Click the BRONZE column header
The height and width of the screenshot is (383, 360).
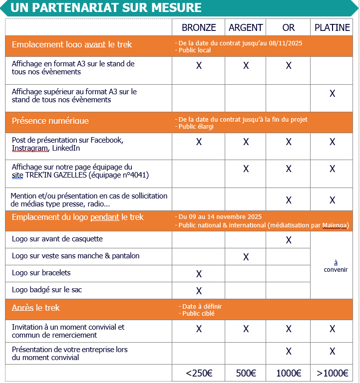pos(199,28)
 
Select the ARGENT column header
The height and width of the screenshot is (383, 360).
pos(246,28)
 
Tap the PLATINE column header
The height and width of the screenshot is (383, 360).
pos(332,28)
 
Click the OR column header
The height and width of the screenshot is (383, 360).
pos(289,28)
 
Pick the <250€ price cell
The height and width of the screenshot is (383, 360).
pos(199,373)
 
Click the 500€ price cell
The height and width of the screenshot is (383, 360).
pos(246,373)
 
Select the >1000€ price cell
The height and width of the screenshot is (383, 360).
pos(332,373)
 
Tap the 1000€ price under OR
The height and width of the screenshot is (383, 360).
pos(289,373)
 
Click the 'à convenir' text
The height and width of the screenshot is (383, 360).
pos(336,266)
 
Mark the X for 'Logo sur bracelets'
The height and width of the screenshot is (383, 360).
pos(199,274)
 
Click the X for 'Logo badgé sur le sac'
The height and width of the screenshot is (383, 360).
pos(199,291)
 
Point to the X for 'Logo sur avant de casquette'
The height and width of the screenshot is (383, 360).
pos(289,240)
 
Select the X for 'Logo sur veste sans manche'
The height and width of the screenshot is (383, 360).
pos(246,257)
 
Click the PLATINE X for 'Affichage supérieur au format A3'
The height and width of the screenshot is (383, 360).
pos(332,94)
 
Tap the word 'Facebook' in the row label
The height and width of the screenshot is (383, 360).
pos(104,140)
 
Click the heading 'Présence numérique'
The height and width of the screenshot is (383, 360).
pos(50,121)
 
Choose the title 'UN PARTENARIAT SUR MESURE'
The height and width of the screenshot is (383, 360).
pos(106,8)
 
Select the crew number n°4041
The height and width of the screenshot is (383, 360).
pos(135,175)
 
